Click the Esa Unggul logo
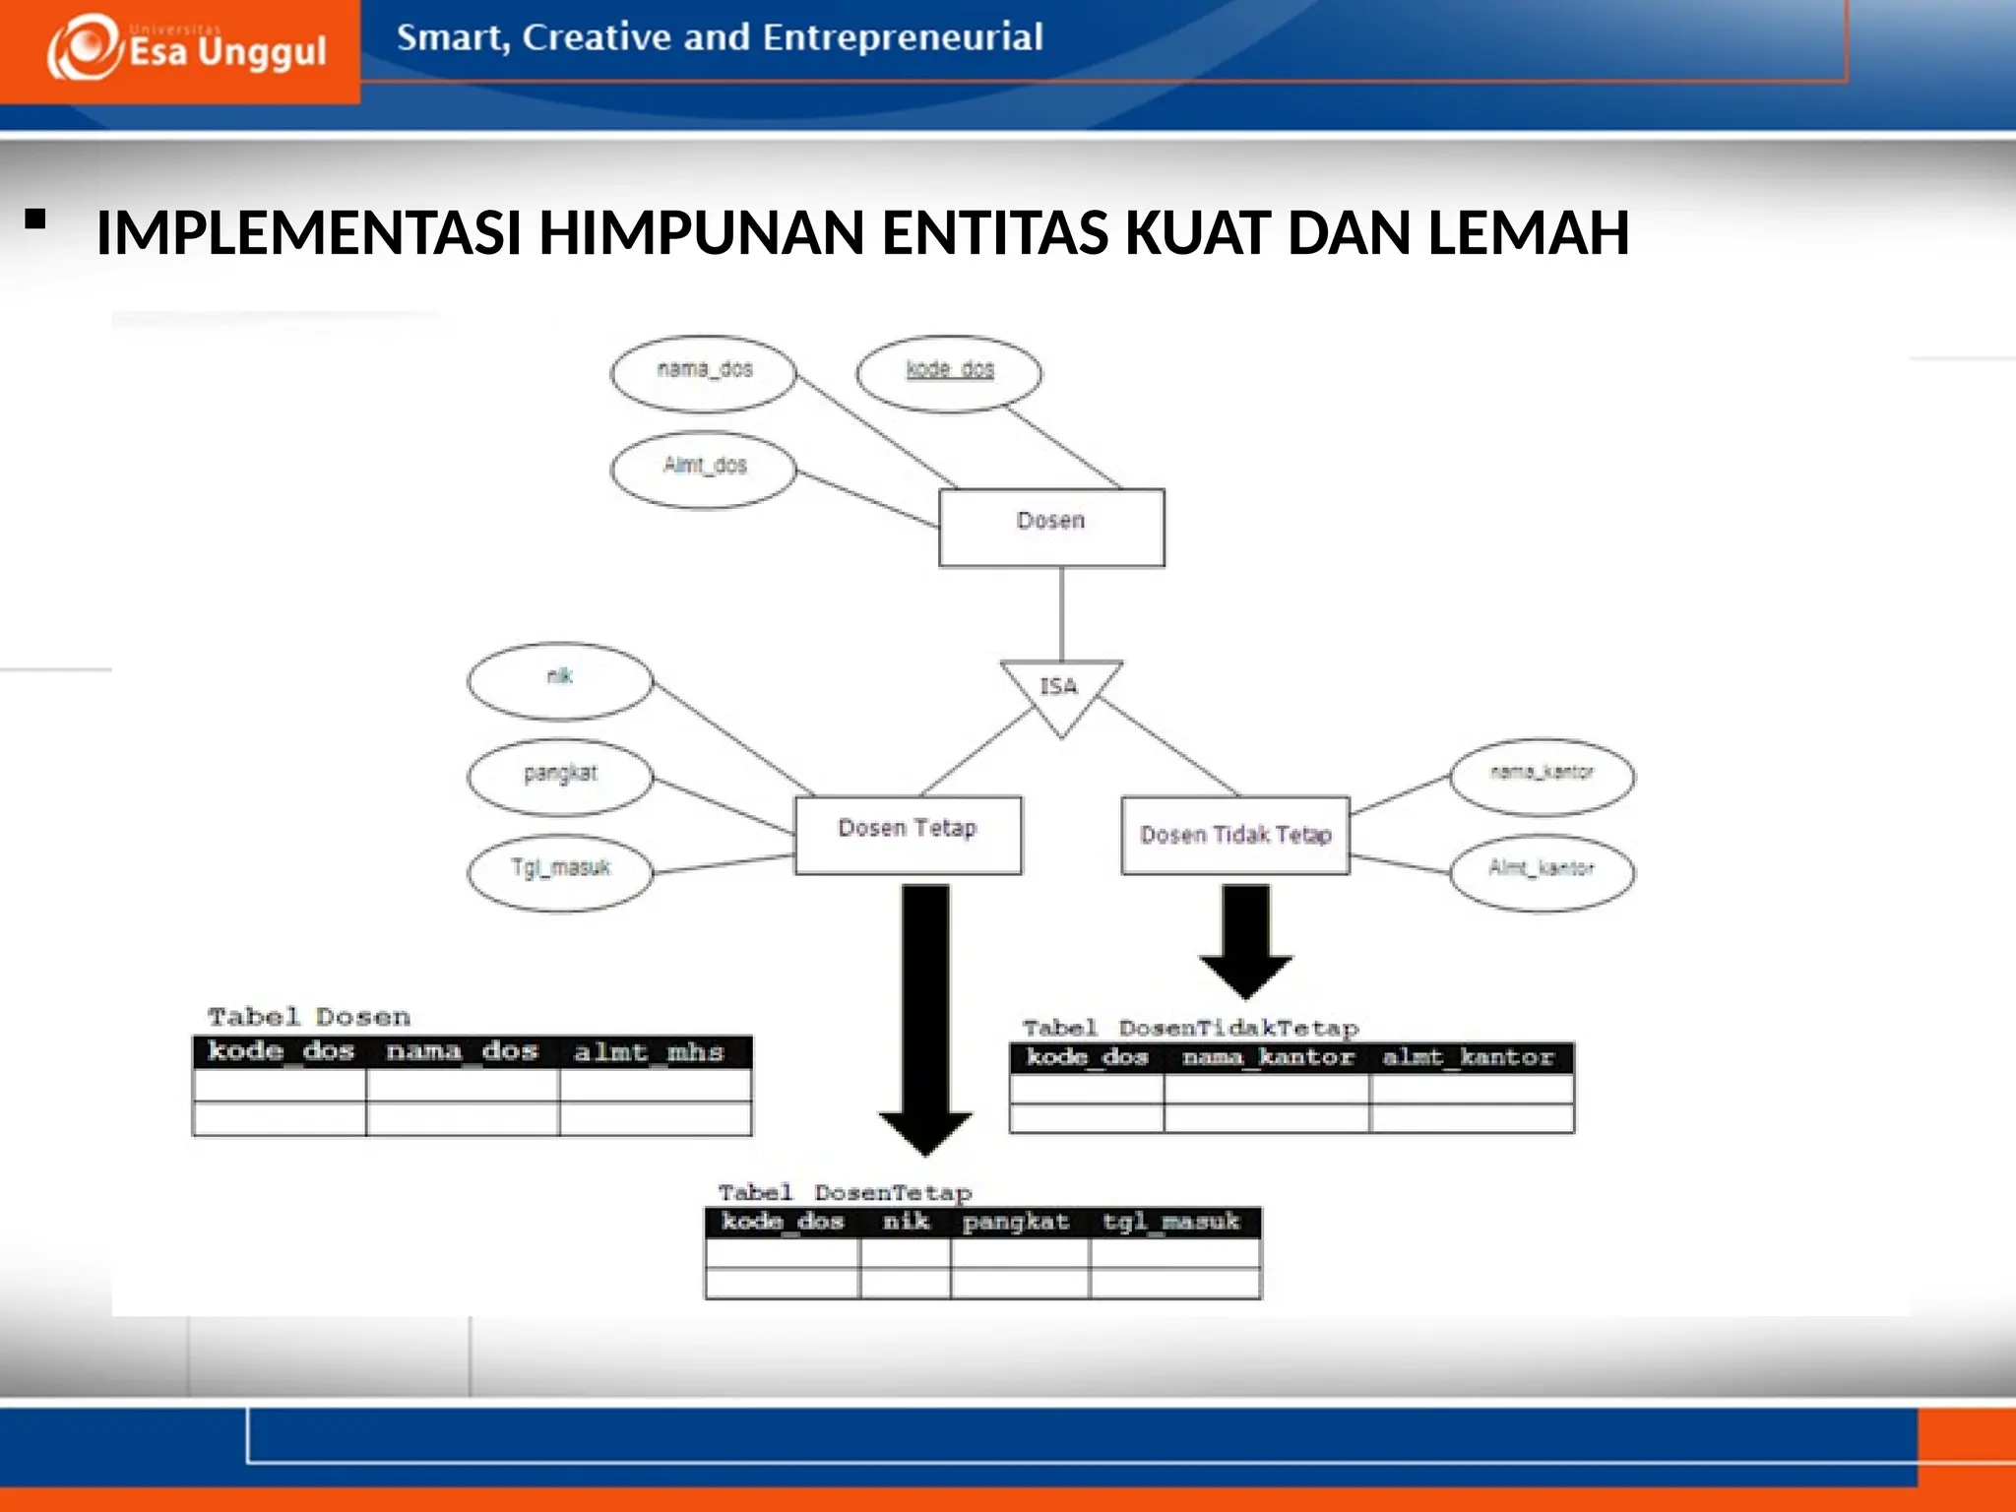coord(187,49)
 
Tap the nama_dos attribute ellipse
coord(703,372)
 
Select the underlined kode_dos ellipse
coord(949,372)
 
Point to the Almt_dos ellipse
coord(703,469)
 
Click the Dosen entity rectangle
coord(1051,527)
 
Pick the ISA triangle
coord(1060,689)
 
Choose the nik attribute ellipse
coord(559,679)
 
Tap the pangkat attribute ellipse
coord(559,776)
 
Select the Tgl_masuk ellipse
coord(559,871)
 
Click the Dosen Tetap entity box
coord(908,834)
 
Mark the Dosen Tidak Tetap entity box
coord(1235,836)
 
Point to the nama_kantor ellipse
coord(1542,776)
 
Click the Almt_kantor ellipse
coord(1542,871)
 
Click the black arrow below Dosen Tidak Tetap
coord(1245,940)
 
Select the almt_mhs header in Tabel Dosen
coord(649,1052)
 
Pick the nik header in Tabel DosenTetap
coord(906,1222)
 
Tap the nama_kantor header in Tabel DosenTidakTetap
coord(1268,1057)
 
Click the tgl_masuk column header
coord(1171,1222)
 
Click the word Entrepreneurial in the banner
coord(902,37)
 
